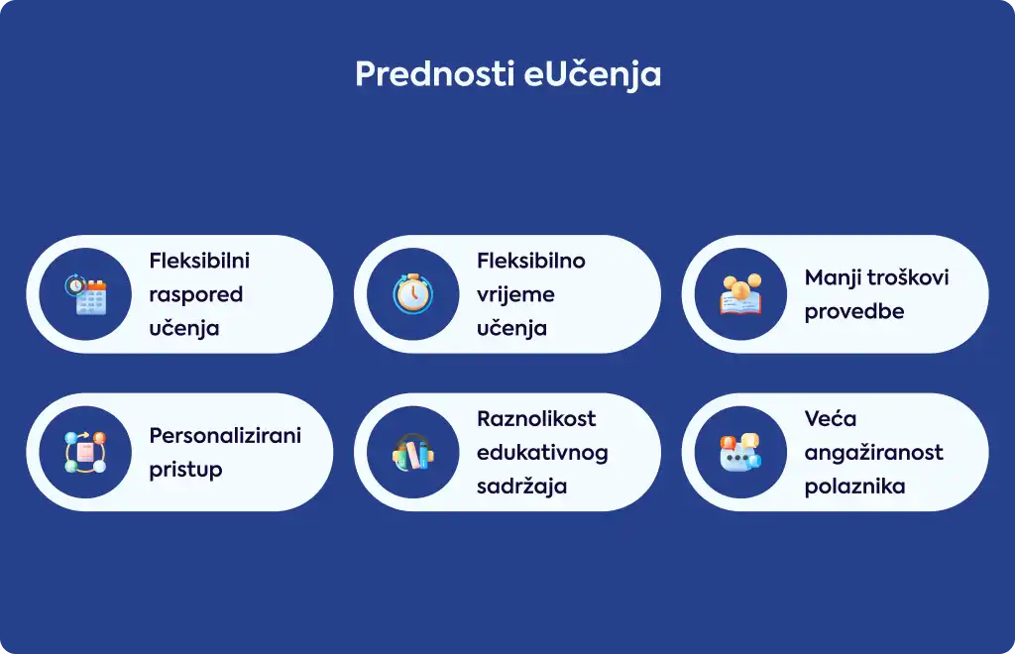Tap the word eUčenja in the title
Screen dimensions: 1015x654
coord(592,73)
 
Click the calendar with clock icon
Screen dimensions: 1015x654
coord(85,294)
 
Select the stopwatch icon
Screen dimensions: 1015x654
coord(413,293)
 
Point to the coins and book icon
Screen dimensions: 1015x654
coord(741,294)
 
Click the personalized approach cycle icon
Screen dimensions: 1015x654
coord(85,452)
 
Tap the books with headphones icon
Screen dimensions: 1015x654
coord(413,452)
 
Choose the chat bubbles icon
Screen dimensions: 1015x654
coord(741,452)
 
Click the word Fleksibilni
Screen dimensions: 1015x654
coord(199,261)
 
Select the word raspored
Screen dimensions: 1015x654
coord(196,295)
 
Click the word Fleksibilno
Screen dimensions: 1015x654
coord(531,261)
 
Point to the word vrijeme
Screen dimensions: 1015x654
coord(515,295)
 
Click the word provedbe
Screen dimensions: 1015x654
coord(854,312)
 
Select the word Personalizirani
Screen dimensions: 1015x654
coord(225,435)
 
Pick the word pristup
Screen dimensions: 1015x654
coord(185,470)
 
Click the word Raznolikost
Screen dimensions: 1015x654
coord(536,418)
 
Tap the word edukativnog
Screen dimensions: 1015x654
coord(542,453)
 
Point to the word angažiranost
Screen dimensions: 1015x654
coord(874,453)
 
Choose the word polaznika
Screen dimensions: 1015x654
coord(855,487)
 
